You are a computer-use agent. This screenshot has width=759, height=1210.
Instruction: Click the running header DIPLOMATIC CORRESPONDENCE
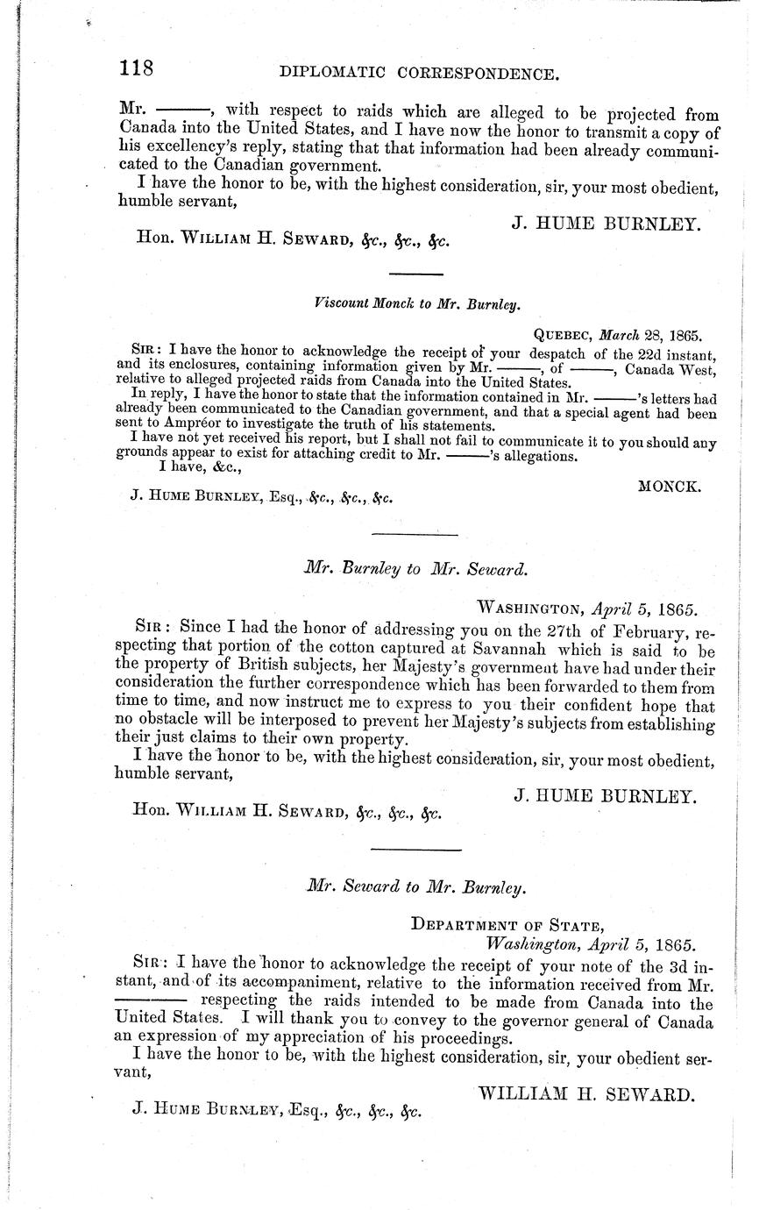pyautogui.click(x=419, y=75)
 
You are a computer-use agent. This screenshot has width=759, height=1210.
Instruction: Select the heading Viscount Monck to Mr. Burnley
pyautogui.click(x=416, y=305)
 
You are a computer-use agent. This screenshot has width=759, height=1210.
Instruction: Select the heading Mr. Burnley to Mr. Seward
pyautogui.click(x=415, y=568)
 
